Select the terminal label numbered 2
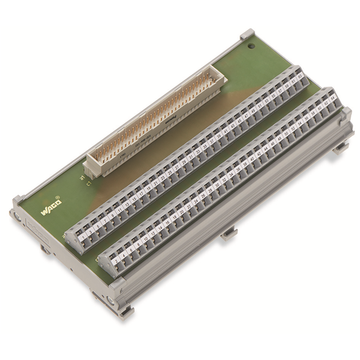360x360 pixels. [116, 261]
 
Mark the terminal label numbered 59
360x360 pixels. [287, 86]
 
